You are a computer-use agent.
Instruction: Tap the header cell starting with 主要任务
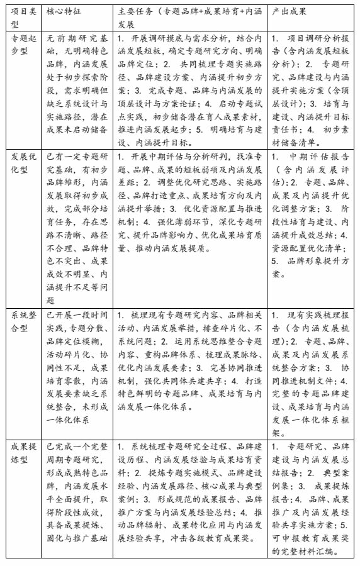190,18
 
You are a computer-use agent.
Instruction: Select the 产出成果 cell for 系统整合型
311,370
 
